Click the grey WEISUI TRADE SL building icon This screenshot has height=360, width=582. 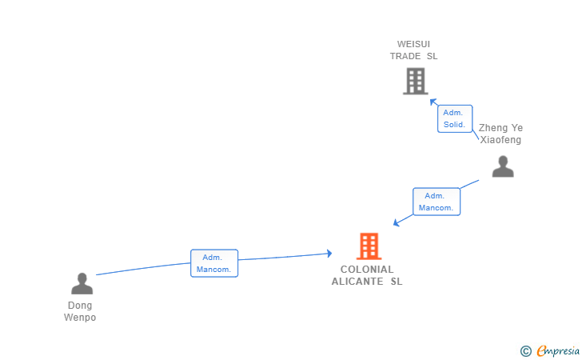click(x=415, y=81)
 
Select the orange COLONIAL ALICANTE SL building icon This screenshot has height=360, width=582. click(x=368, y=246)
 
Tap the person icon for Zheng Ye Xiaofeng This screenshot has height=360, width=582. click(x=502, y=166)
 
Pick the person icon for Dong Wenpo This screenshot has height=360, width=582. click(x=82, y=283)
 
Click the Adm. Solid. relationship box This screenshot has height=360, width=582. click(x=455, y=118)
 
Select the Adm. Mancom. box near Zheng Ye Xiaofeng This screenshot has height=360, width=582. click(x=436, y=202)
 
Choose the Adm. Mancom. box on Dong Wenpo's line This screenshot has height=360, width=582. click(x=213, y=263)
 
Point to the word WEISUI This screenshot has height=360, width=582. click(x=413, y=44)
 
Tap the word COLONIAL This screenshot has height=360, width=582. click(x=367, y=270)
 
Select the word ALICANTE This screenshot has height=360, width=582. click(x=358, y=282)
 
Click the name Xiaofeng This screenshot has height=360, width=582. click(x=500, y=140)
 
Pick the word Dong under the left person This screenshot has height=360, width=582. click(x=80, y=306)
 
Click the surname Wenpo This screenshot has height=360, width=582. click(x=80, y=318)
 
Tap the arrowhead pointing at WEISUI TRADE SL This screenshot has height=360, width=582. click(x=433, y=102)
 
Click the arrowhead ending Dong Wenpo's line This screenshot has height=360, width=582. click(x=328, y=254)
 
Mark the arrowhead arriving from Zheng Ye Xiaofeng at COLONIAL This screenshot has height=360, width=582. click(x=397, y=223)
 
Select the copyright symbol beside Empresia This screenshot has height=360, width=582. click(x=525, y=350)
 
